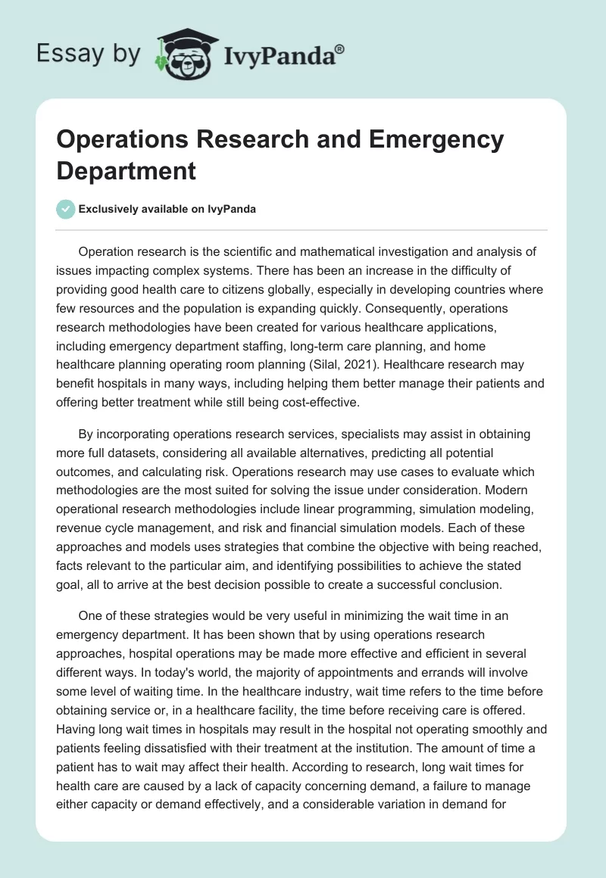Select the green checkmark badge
66,209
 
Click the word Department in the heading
126,170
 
